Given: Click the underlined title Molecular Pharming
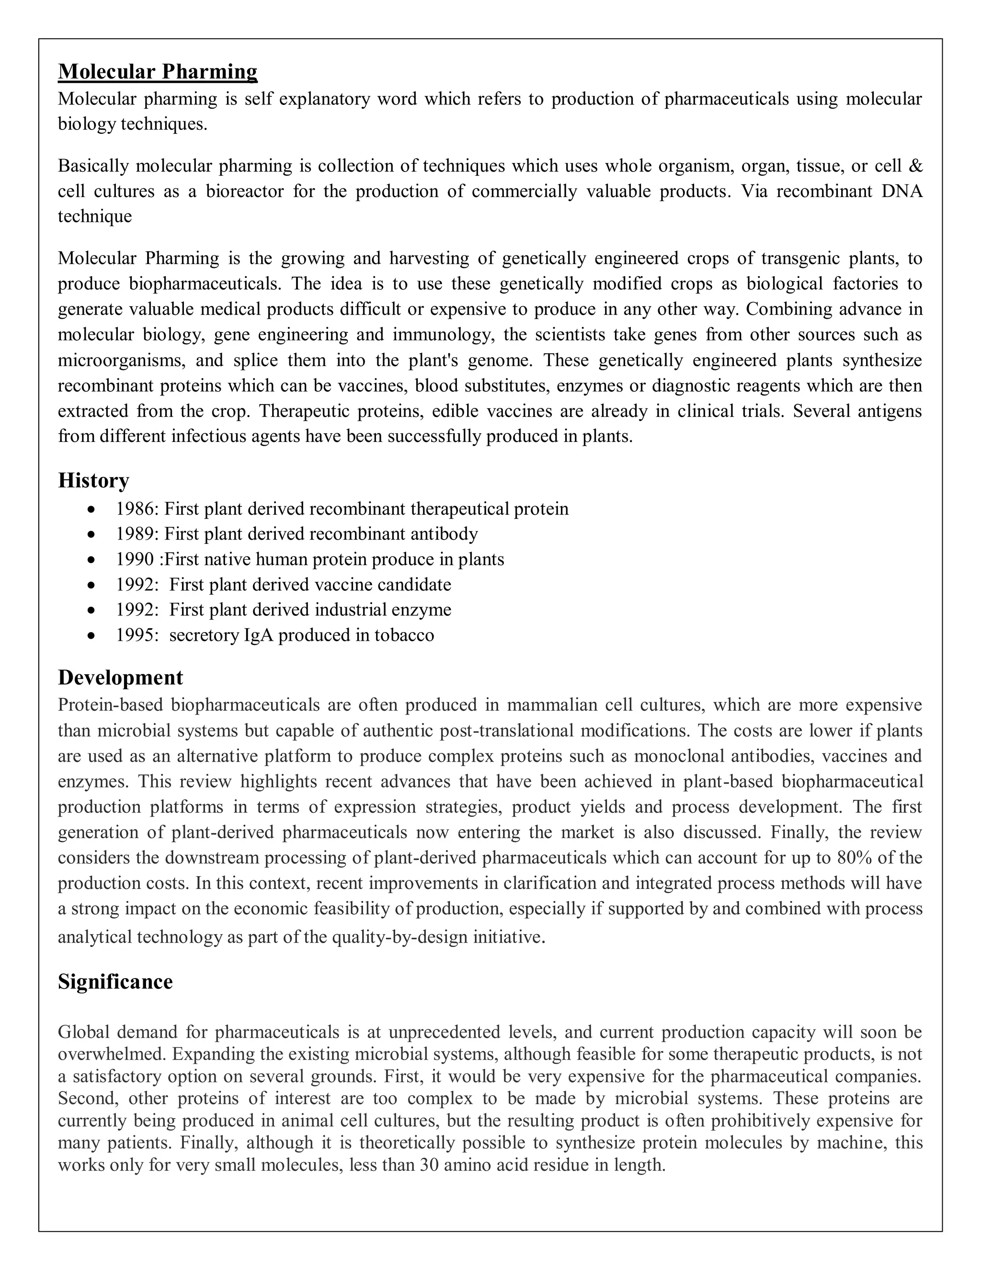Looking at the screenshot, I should coord(158,71).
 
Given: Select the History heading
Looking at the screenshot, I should coord(93,480).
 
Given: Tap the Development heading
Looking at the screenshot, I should coord(120,678).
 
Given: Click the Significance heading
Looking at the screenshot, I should coord(115,981).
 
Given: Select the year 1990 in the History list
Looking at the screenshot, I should coord(135,559).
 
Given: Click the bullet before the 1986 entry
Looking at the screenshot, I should coord(90,509).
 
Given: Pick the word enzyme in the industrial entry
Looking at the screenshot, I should coord(422,610).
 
